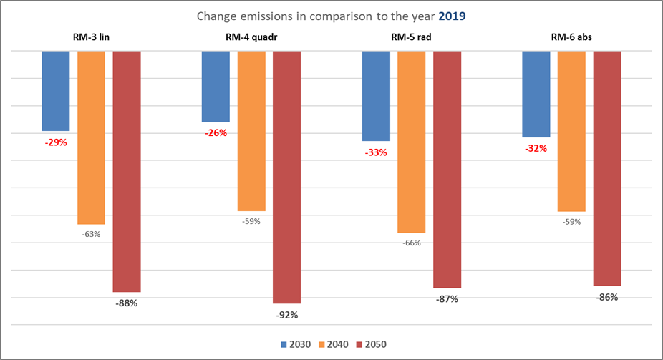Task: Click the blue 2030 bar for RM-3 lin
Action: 56,90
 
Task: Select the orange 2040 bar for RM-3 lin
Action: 91,137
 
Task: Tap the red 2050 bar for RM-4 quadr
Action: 287,177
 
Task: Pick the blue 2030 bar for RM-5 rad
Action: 376,96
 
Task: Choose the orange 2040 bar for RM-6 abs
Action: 571,131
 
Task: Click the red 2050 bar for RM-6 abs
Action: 607,168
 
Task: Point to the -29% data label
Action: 55,142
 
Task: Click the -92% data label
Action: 286,315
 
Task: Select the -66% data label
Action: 412,243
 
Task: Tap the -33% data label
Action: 375,152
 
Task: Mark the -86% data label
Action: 607,297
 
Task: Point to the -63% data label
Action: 90,234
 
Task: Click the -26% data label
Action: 215,133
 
